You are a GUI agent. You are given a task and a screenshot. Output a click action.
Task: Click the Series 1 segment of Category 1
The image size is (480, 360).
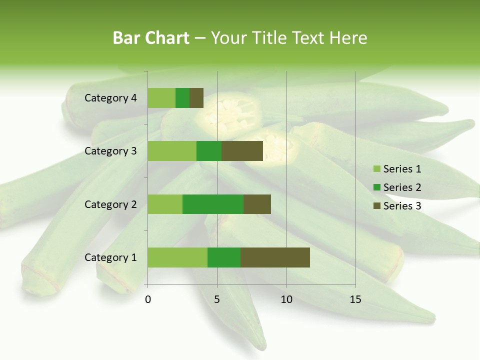177,257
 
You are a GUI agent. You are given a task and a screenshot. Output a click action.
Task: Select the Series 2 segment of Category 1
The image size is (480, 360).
224,257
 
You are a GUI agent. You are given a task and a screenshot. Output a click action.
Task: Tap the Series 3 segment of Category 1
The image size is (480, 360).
275,257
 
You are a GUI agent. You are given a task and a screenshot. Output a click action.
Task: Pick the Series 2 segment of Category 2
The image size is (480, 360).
213,204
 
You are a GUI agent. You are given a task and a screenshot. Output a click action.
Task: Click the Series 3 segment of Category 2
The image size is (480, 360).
257,204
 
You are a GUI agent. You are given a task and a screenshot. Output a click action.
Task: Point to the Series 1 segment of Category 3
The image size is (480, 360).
172,151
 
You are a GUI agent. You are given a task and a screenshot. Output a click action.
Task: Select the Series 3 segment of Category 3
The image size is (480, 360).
242,151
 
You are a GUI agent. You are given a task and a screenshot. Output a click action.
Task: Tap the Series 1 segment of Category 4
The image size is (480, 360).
161,98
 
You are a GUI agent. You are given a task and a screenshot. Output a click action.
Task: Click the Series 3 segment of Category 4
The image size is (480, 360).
196,98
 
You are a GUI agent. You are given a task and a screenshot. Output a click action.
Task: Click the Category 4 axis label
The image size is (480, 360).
110,98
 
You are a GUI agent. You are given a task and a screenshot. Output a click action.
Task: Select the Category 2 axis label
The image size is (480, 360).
110,204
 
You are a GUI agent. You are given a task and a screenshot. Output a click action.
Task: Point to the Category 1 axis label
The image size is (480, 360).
110,257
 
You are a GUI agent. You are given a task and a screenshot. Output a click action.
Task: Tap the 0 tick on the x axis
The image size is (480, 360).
148,299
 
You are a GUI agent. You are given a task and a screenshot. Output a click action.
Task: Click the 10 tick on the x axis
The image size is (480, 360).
286,299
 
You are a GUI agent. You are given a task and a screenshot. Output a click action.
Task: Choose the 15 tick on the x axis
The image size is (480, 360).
355,299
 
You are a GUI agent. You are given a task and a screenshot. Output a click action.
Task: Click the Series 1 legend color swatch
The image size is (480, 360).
376,169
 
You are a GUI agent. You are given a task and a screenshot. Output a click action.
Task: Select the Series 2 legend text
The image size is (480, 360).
402,187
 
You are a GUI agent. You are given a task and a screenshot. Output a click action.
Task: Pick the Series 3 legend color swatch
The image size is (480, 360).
376,205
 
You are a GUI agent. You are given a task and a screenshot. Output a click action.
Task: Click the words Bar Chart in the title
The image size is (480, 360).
151,38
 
